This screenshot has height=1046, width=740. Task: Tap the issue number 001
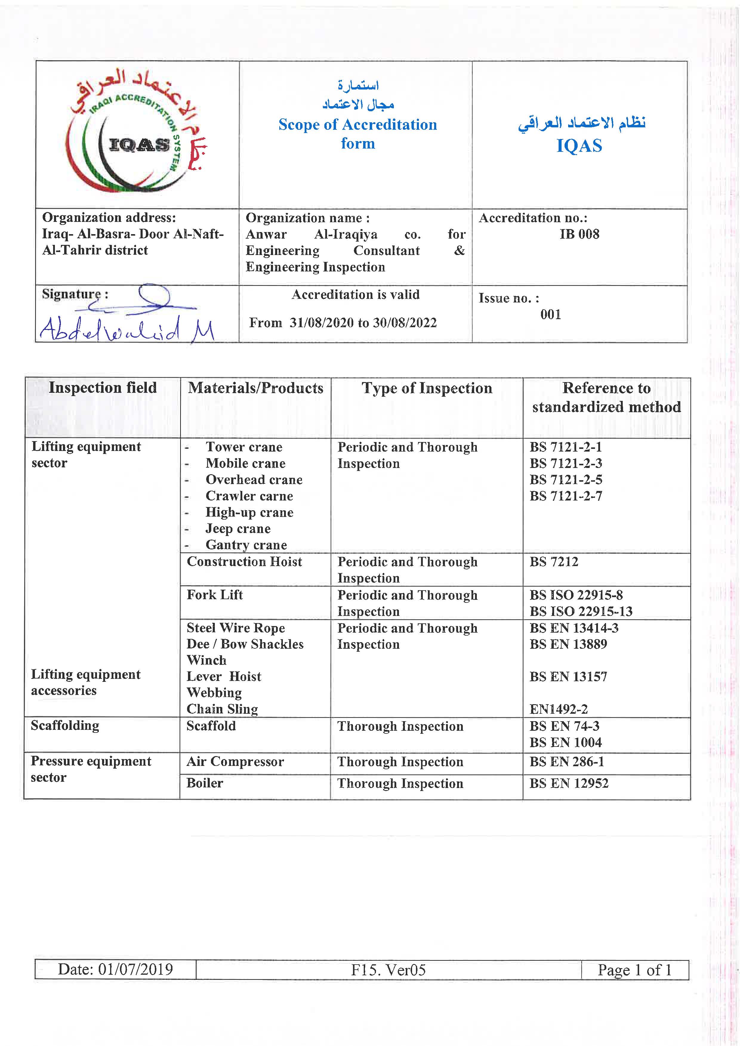tap(551, 314)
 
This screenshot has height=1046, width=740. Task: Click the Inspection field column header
tap(103, 388)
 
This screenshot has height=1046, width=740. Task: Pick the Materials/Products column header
tap(256, 388)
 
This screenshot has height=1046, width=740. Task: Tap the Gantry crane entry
tap(246, 545)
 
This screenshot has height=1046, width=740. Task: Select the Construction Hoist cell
tap(244, 562)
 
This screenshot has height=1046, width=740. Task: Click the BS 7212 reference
tap(554, 562)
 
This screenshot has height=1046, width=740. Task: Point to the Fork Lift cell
tap(215, 595)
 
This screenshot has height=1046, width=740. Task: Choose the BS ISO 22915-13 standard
tap(581, 611)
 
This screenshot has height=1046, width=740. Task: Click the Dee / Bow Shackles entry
tap(245, 644)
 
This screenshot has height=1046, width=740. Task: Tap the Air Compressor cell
tap(235, 762)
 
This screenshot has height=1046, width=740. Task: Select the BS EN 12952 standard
tap(569, 784)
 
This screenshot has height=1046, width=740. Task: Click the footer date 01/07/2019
tap(115, 969)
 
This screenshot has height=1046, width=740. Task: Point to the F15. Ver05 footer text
tap(388, 970)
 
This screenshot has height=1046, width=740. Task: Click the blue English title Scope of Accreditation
tap(358, 125)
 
